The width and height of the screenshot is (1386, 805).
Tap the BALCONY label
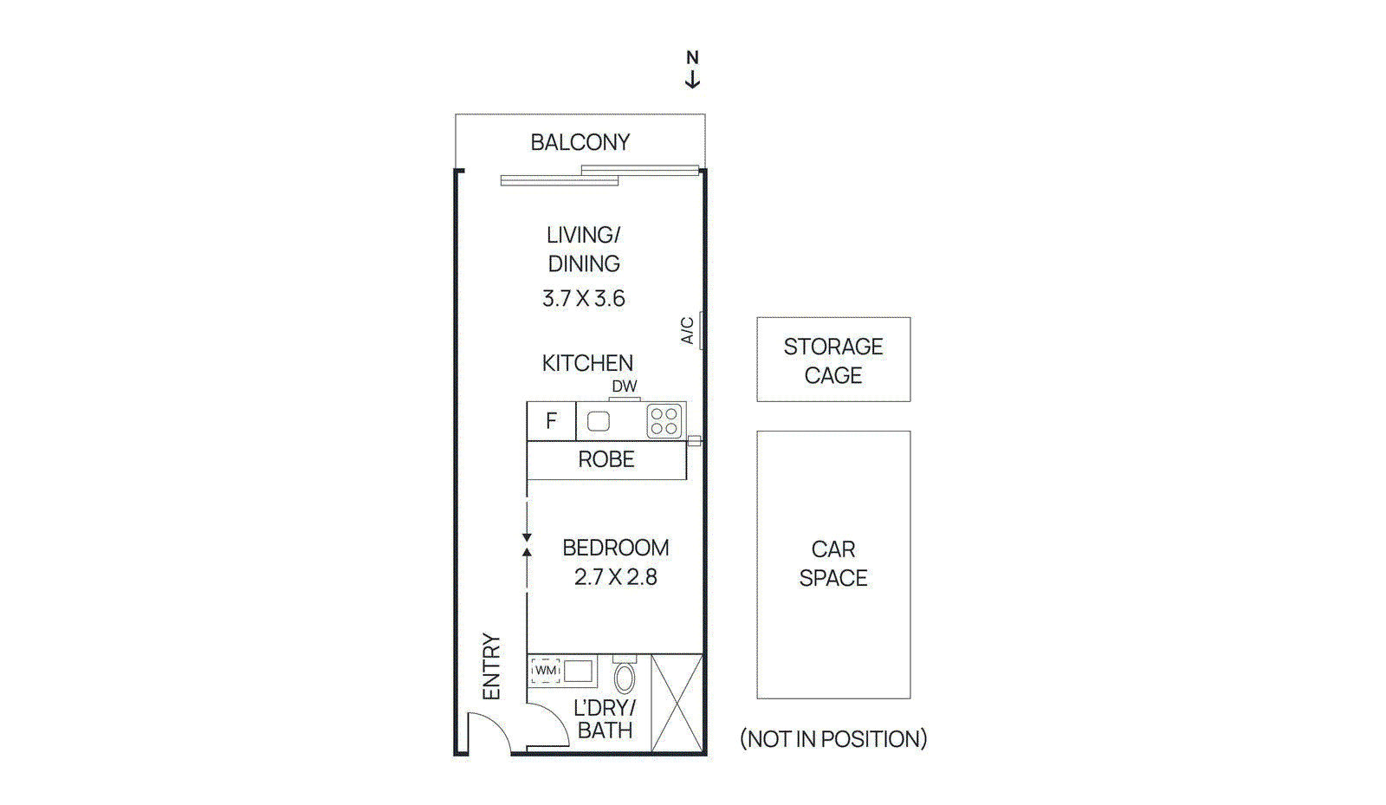(580, 142)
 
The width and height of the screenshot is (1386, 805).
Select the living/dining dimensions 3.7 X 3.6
(583, 298)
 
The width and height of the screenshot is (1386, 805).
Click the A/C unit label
(687, 330)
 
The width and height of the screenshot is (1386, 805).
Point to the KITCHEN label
(587, 363)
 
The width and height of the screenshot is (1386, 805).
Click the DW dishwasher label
(624, 386)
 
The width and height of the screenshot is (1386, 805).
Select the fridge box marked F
(551, 421)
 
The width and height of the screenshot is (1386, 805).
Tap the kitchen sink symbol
(599, 421)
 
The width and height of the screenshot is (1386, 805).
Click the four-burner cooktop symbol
(664, 421)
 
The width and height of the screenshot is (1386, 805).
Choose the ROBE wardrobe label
(606, 459)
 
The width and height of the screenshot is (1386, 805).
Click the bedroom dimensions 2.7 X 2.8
(615, 577)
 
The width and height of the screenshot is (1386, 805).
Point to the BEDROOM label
(615, 548)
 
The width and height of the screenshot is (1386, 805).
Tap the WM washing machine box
(546, 671)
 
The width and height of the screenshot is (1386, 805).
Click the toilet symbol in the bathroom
(625, 677)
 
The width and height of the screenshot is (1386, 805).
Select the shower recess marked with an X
(677, 703)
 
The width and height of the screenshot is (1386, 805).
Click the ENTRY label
(491, 666)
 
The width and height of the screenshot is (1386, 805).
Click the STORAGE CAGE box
(833, 360)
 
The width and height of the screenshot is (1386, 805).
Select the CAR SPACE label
(833, 563)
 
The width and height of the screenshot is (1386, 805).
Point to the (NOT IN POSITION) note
(833, 739)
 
